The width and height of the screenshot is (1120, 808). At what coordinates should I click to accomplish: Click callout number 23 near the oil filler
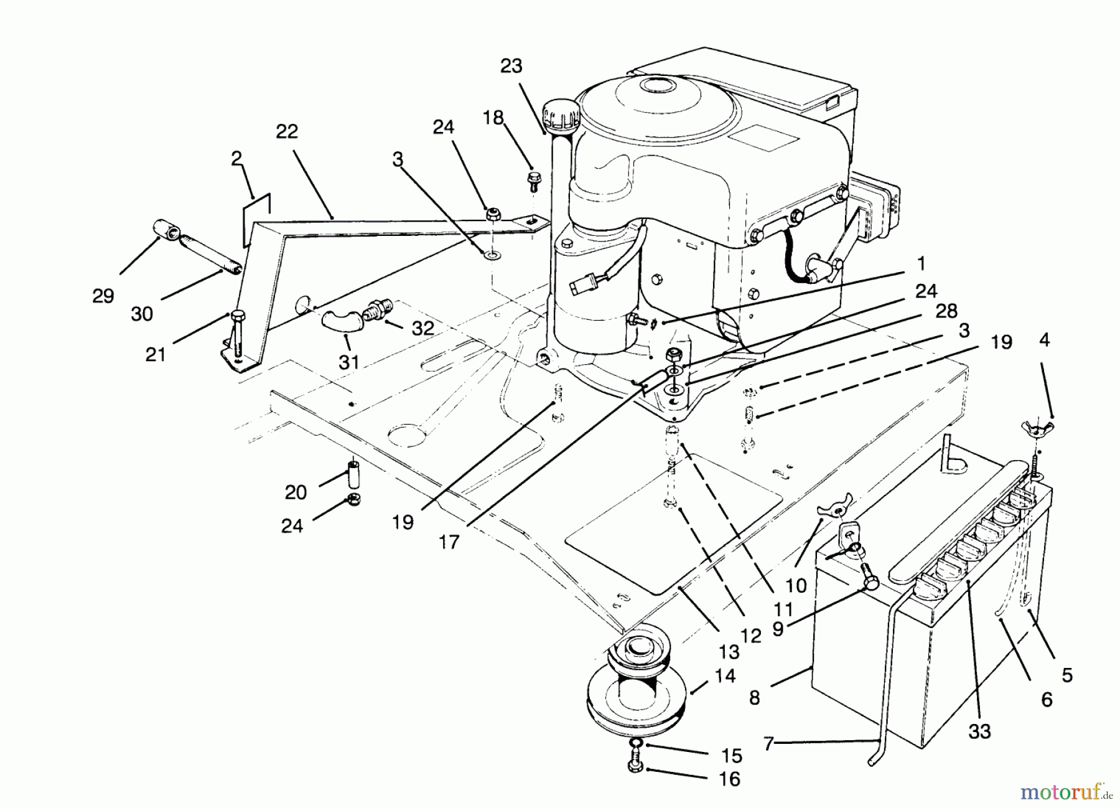(x=511, y=67)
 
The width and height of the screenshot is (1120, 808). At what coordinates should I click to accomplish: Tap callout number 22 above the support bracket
(x=287, y=131)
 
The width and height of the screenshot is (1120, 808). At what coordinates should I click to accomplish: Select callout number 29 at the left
(x=103, y=296)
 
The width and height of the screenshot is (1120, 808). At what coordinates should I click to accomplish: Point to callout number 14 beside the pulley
(x=726, y=675)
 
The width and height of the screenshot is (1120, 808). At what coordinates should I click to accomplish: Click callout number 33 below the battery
(x=979, y=731)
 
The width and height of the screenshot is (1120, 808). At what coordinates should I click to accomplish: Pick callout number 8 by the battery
(x=754, y=698)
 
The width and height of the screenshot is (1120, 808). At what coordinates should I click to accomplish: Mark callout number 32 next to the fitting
(x=422, y=328)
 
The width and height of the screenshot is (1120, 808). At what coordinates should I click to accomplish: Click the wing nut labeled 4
(x=1036, y=428)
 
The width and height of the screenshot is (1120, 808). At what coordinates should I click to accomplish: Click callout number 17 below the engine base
(x=449, y=542)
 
